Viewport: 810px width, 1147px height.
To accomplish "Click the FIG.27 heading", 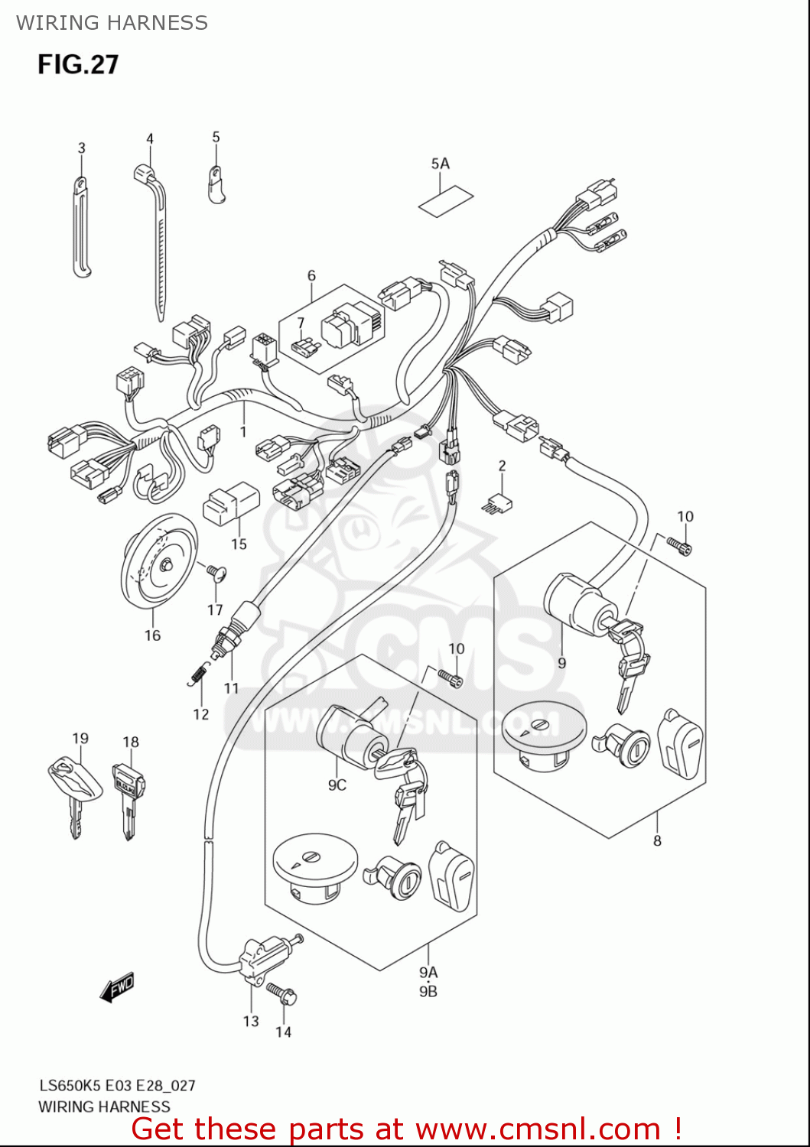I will (78, 64).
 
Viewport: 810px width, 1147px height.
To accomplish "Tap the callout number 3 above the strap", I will (81, 148).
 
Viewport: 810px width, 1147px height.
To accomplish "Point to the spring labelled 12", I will (199, 674).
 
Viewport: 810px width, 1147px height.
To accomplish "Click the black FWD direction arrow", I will (117, 988).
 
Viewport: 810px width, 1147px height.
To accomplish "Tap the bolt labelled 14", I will (283, 994).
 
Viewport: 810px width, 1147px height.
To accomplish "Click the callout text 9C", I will (337, 785).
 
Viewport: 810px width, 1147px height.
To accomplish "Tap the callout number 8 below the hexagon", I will (657, 840).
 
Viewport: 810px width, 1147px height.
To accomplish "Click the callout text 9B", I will (428, 991).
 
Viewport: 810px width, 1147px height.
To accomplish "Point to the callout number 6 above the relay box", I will (311, 275).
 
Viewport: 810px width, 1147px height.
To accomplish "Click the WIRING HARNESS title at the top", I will (112, 23).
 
